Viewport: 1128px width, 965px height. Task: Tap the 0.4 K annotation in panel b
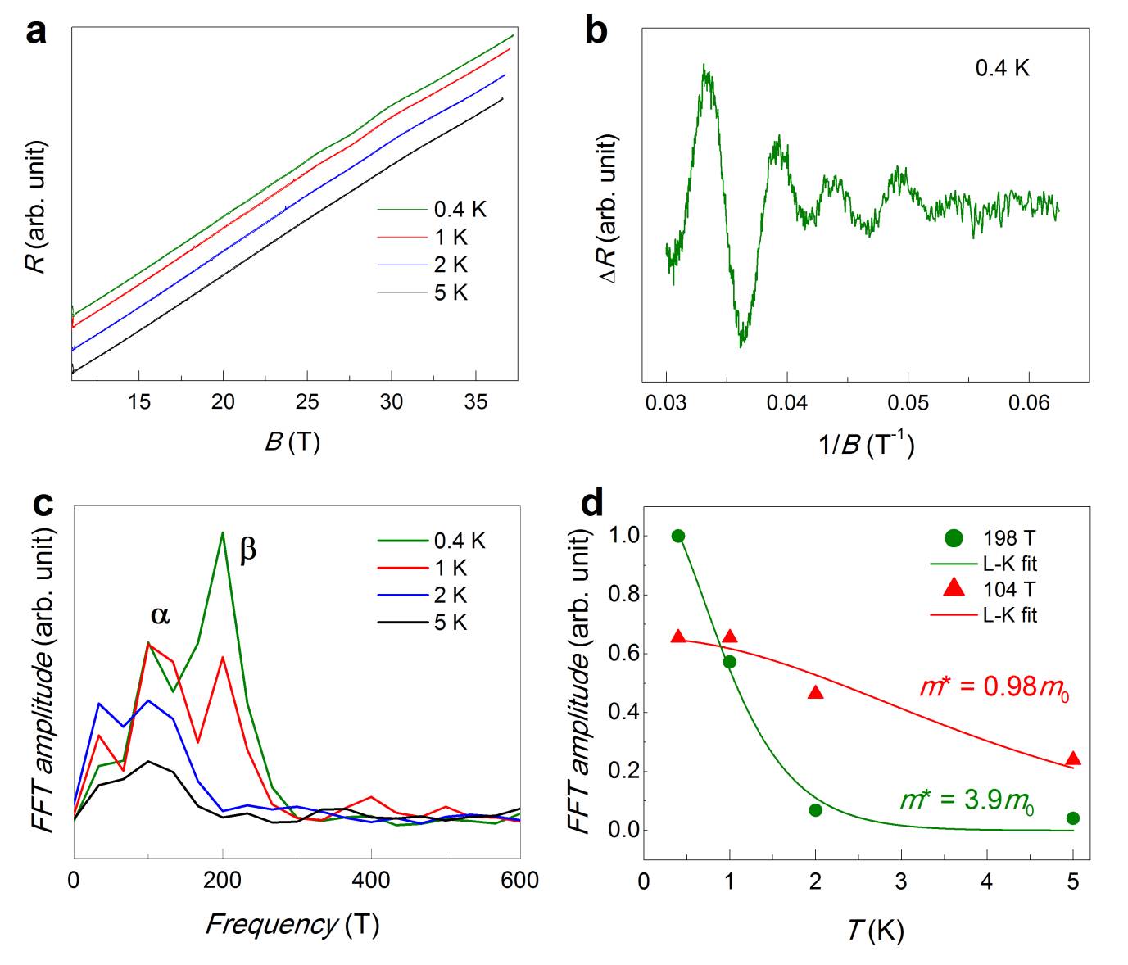click(x=1001, y=68)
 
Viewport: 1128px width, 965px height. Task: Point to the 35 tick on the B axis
click(x=475, y=401)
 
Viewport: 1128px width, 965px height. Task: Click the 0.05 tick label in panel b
click(x=908, y=402)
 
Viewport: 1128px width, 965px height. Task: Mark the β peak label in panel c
click(x=248, y=550)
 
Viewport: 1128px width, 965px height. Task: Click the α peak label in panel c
click(x=161, y=615)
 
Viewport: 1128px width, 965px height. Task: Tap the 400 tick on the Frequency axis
click(x=371, y=881)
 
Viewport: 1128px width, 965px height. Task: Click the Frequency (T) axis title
click(x=292, y=925)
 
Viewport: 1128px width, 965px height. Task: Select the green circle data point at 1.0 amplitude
click(x=678, y=536)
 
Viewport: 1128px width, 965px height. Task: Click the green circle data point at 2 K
click(x=815, y=810)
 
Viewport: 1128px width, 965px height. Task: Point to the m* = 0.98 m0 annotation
click(x=994, y=686)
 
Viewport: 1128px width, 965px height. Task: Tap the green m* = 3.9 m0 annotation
click(x=967, y=800)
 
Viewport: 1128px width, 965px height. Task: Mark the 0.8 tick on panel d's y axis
click(x=623, y=595)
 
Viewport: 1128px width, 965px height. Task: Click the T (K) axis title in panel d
click(x=875, y=931)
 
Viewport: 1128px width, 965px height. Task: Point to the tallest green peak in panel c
click(x=222, y=533)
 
